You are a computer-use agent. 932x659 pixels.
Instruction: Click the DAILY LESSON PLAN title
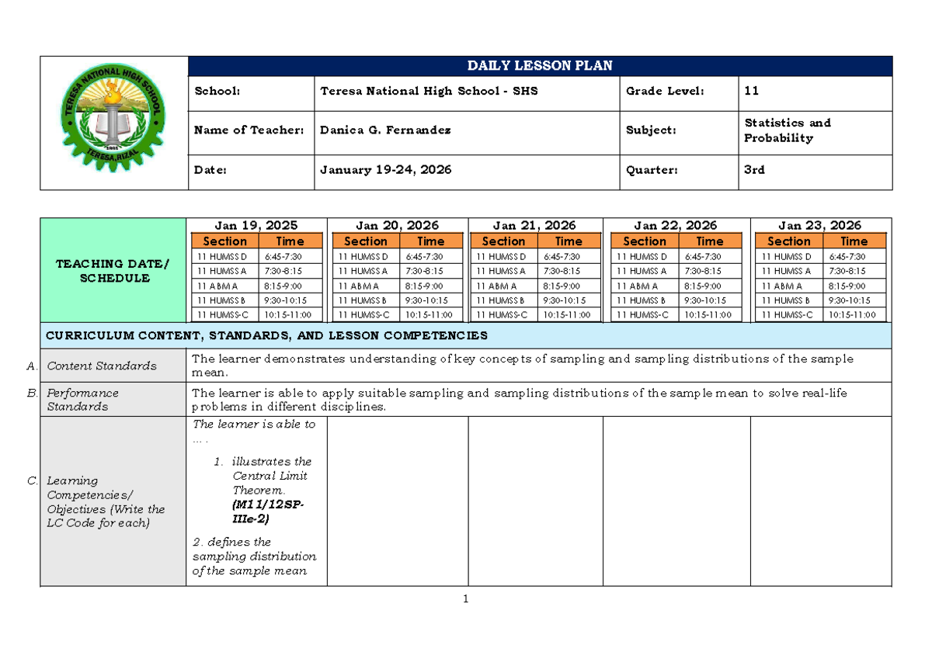(540, 66)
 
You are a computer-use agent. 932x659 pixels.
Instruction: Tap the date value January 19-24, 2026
(386, 169)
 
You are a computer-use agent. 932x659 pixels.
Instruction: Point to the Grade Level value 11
(751, 92)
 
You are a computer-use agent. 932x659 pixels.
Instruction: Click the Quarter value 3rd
(754, 169)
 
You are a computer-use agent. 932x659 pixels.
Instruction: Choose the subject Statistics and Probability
(787, 130)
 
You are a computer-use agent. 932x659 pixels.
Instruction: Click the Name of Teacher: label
(249, 130)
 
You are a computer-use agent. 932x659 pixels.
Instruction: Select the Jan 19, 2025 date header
(256, 226)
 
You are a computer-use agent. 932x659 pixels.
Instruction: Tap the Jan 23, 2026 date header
(819, 226)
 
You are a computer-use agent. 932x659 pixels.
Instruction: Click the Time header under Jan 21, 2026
(569, 241)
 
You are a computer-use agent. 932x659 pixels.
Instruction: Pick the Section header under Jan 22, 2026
(645, 241)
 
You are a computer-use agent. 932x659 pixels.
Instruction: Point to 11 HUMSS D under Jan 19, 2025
(221, 257)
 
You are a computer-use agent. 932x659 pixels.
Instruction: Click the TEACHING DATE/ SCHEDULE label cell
(112, 271)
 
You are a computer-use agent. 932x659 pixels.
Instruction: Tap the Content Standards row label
(102, 366)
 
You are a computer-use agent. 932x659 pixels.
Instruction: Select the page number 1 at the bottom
(466, 599)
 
